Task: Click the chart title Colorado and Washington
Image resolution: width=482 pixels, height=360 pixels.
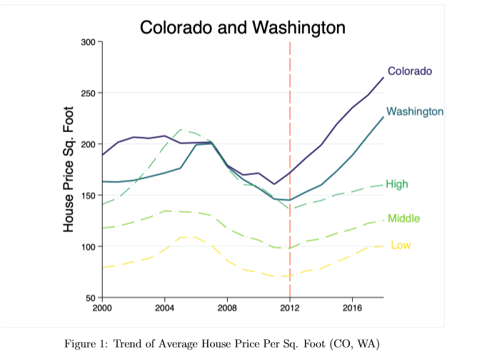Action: pyautogui.click(x=243, y=28)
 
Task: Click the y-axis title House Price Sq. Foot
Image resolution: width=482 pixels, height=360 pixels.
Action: pyautogui.click(x=69, y=169)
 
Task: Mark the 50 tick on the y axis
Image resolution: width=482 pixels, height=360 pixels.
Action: pyautogui.click(x=90, y=298)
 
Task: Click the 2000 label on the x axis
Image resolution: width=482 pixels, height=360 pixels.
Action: pyautogui.click(x=103, y=307)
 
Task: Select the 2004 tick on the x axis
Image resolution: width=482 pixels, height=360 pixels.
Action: pyautogui.click(x=165, y=307)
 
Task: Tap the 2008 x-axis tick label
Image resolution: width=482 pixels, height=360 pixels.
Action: pyautogui.click(x=227, y=307)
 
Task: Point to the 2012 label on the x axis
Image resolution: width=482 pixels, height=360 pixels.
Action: pyautogui.click(x=290, y=307)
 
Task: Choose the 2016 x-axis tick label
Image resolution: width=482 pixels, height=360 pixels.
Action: pyautogui.click(x=352, y=307)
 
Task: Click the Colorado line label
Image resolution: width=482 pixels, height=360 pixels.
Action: pyautogui.click(x=410, y=71)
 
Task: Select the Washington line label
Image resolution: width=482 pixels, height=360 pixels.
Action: pyautogui.click(x=415, y=112)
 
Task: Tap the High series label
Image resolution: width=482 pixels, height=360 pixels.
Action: pyautogui.click(x=397, y=184)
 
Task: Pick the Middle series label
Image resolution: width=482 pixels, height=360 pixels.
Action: pyautogui.click(x=403, y=219)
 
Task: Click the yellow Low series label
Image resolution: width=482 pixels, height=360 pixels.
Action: pyautogui.click(x=401, y=246)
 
